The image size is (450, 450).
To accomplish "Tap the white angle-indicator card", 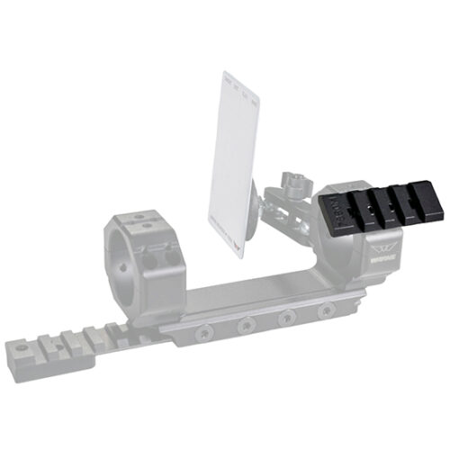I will (x=237, y=162).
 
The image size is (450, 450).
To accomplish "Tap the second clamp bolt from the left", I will (x=243, y=326).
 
